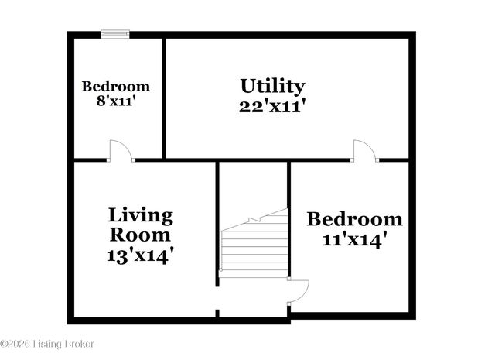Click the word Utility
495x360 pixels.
(x=272, y=86)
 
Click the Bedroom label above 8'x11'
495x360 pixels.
(x=116, y=86)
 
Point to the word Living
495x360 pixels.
(x=140, y=214)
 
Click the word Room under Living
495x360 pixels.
(x=140, y=234)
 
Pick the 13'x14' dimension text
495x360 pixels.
(x=140, y=254)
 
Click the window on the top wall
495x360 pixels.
(x=115, y=33)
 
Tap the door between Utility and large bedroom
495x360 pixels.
(x=364, y=151)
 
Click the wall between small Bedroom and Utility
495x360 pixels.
(x=164, y=97)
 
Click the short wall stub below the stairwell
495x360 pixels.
(x=217, y=314)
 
